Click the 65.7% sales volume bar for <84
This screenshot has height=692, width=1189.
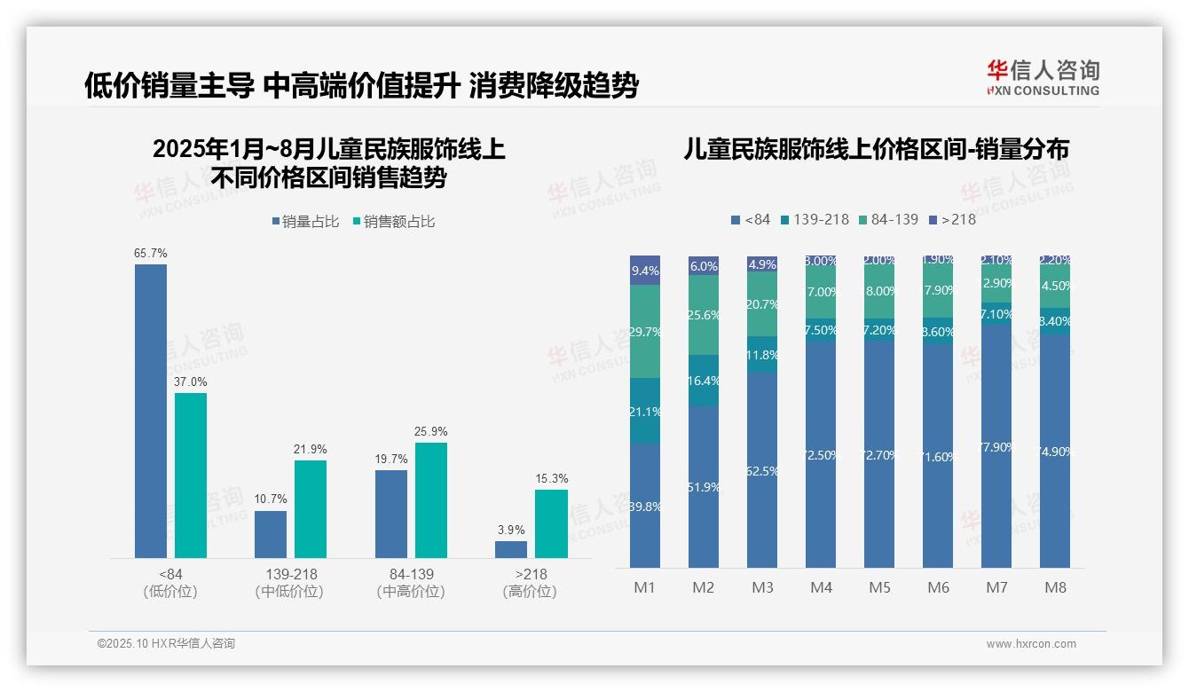[151, 411]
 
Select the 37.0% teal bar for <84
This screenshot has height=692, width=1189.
[191, 476]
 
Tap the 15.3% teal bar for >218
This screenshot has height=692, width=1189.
[551, 523]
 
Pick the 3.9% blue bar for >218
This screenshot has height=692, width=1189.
[511, 549]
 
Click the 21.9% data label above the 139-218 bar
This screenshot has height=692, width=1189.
[311, 449]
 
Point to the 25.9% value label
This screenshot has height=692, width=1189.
[430, 431]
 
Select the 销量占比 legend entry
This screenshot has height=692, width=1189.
[305, 222]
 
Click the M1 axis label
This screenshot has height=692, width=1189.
[644, 587]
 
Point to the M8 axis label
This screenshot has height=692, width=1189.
[1055, 587]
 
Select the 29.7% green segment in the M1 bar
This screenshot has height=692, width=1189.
[645, 331]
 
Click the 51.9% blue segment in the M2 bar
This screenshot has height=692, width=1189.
[704, 487]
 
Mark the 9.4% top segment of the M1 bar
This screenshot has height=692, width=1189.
[645, 271]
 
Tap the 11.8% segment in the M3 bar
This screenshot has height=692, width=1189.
[762, 355]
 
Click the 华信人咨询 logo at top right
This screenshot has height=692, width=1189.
[1043, 77]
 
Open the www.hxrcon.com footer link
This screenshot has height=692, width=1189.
[1031, 644]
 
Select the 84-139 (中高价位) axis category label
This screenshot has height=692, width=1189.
[411, 583]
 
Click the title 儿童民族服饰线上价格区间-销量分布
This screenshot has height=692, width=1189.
[876, 149]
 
